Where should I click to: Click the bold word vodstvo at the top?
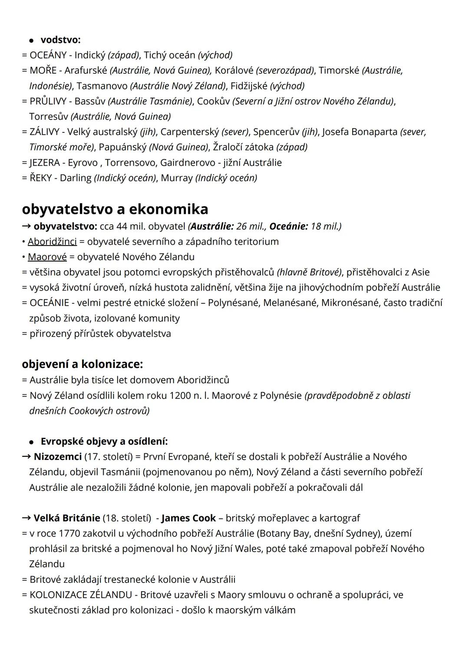[60, 40]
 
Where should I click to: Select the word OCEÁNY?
[48, 55]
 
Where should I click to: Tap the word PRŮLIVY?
[48, 101]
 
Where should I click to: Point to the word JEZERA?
[45, 163]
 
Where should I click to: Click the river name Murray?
[176, 178]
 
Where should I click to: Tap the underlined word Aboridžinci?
[52, 242]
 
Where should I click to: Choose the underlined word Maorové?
[47, 257]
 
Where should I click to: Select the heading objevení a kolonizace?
[82, 364]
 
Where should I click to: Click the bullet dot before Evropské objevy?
[31, 442]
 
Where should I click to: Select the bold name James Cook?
[188, 518]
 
